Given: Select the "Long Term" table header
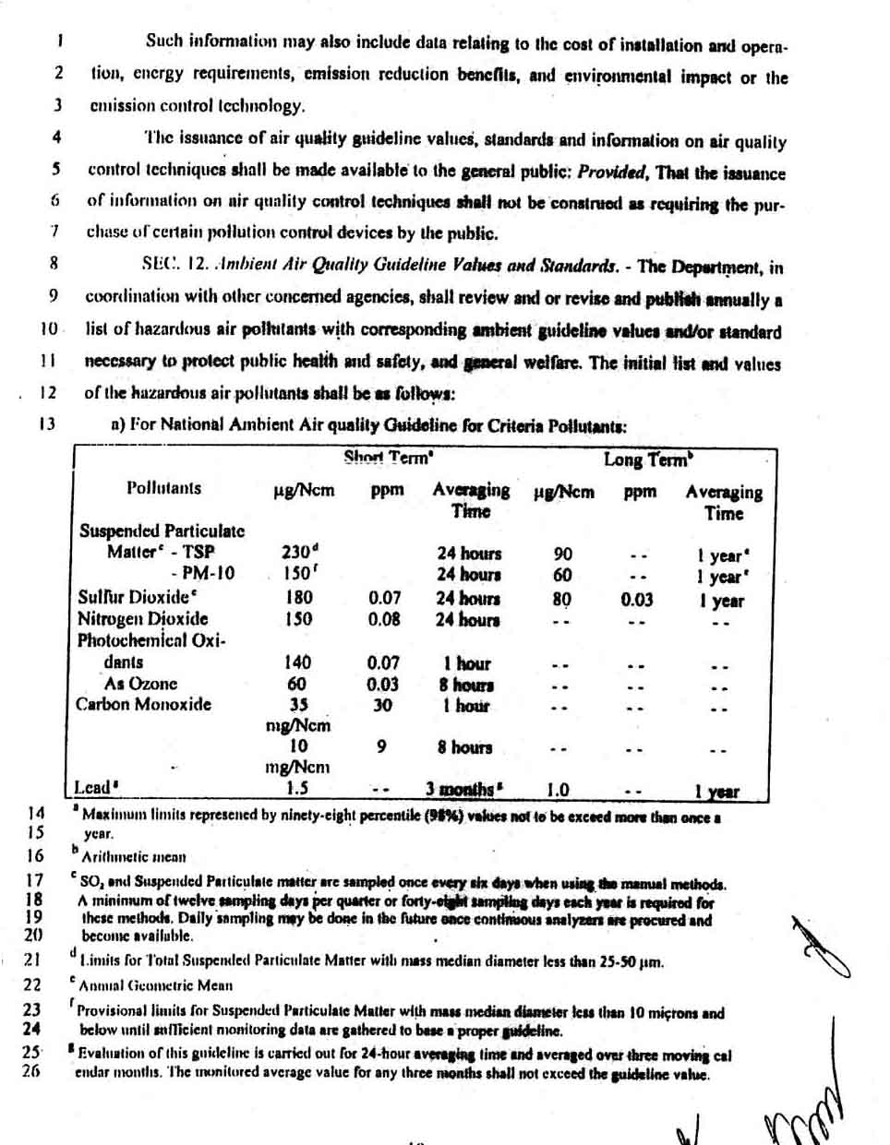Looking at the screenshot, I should [647, 459].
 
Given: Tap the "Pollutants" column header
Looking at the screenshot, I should [163, 487].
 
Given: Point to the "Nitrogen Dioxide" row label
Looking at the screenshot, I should [142, 618].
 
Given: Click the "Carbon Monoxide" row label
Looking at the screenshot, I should [143, 704].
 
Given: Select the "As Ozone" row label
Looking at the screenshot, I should [140, 683].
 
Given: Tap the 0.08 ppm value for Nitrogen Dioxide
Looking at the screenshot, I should [384, 619].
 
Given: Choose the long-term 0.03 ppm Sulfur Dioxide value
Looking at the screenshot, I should [636, 600].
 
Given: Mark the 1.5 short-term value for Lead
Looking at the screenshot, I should [296, 788].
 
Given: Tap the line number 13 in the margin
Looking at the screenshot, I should [47, 423].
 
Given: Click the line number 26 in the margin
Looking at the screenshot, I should [31, 1072].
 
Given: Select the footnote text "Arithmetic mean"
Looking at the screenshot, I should [133, 856].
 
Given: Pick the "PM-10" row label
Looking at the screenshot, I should [208, 573].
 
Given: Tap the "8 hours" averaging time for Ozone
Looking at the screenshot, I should [466, 685].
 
